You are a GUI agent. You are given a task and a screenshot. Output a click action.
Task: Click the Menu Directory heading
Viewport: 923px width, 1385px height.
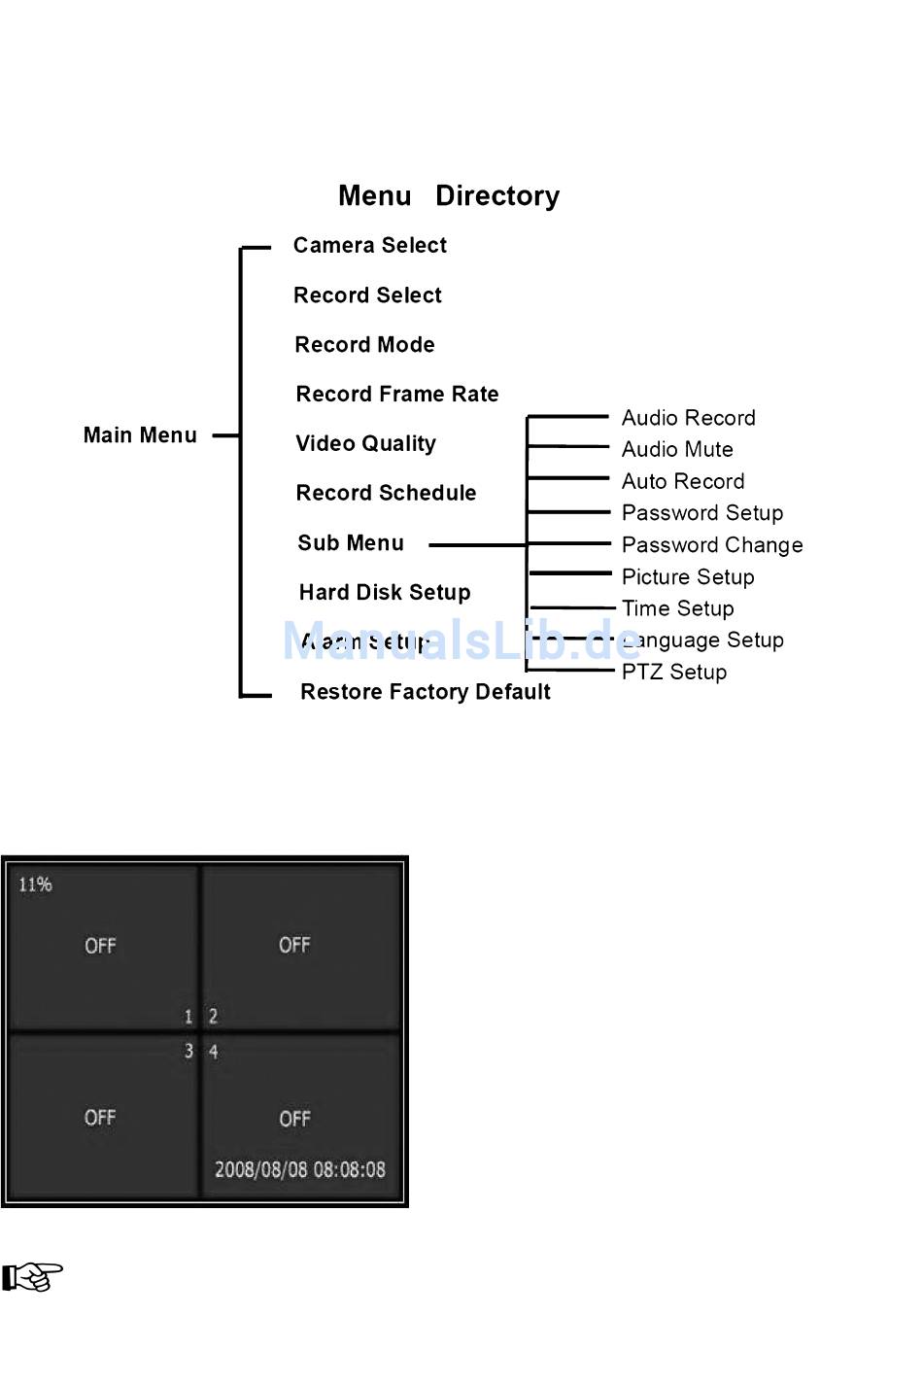click(x=449, y=196)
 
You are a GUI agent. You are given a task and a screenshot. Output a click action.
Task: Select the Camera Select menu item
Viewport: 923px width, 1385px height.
click(x=370, y=246)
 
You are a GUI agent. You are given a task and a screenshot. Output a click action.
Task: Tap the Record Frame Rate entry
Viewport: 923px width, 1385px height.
click(x=397, y=395)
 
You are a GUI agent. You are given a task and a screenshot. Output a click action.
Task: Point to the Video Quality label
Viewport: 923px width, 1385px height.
click(x=366, y=444)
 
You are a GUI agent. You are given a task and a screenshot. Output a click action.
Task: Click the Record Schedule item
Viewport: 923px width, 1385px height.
click(x=387, y=494)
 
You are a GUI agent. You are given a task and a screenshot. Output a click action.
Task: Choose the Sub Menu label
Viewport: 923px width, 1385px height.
click(x=351, y=543)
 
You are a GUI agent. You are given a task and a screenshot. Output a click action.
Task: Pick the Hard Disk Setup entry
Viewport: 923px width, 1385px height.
click(x=385, y=593)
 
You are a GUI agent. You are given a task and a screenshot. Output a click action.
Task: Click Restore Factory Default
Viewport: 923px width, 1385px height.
click(x=426, y=692)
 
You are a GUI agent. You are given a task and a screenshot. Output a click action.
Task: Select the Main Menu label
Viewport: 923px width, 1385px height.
click(x=140, y=435)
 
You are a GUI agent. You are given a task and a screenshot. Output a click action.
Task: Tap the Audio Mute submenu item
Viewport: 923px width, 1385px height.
click(x=677, y=450)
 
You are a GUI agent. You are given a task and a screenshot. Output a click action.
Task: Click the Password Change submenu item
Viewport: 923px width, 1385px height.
click(x=712, y=545)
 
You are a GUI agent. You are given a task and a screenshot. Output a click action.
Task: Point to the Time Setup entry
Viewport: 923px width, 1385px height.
click(x=678, y=609)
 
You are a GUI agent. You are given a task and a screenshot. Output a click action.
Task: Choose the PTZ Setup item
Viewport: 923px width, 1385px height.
click(x=674, y=673)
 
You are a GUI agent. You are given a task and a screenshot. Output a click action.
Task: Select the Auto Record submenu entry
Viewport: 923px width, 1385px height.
click(x=683, y=482)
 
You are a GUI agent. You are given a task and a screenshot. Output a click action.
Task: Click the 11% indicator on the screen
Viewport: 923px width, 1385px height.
click(x=35, y=884)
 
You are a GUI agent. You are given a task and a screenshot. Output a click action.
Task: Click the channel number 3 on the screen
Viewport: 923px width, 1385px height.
click(x=188, y=1052)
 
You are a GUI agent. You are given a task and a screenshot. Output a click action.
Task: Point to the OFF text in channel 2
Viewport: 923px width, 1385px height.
click(x=294, y=945)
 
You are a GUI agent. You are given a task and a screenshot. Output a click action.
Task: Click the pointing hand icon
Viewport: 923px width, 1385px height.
click(x=32, y=1277)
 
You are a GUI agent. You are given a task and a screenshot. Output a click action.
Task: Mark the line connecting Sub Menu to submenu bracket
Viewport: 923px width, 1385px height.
click(x=477, y=545)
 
